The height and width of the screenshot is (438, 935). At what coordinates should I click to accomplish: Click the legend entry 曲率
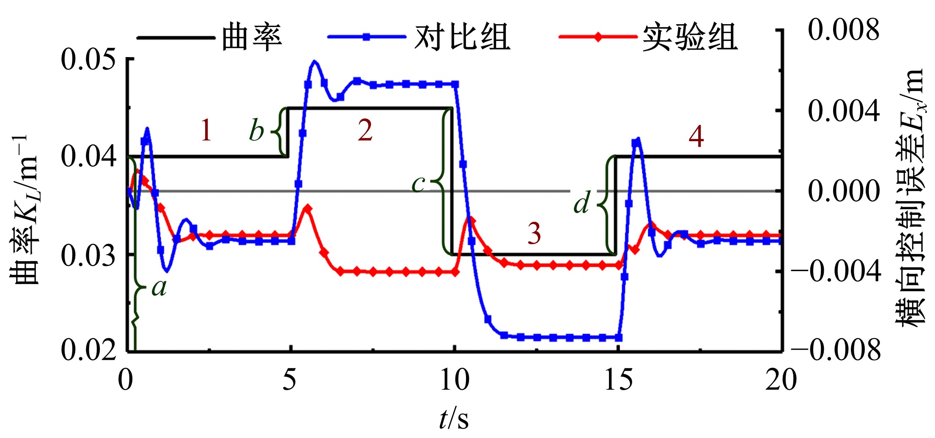click(x=252, y=37)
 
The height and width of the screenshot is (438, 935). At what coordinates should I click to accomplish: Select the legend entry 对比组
click(x=462, y=37)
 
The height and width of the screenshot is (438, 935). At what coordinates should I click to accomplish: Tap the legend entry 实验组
click(x=690, y=37)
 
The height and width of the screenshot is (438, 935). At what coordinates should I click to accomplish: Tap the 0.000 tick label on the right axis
click(x=844, y=191)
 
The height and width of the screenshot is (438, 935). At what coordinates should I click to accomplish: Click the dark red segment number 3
click(x=534, y=233)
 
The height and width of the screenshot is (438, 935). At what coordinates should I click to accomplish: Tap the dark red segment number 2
click(x=365, y=130)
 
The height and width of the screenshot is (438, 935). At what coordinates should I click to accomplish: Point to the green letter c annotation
click(x=419, y=184)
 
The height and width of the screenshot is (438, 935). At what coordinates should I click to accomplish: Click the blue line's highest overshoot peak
click(x=314, y=61)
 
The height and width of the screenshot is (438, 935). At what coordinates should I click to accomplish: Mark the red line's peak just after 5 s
click(x=308, y=208)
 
